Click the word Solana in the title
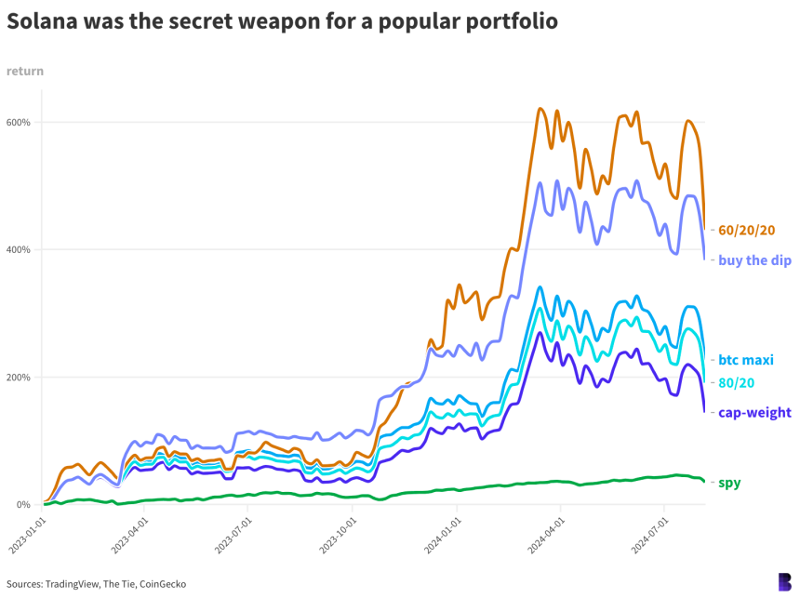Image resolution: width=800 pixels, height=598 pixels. (x=45, y=21)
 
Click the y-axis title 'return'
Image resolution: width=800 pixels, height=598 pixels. (x=24, y=71)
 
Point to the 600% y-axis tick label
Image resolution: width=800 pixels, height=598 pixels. (x=19, y=122)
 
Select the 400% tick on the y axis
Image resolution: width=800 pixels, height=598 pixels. (x=19, y=249)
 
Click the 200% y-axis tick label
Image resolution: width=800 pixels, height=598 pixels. (x=19, y=377)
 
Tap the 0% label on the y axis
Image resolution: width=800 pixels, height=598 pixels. (x=24, y=504)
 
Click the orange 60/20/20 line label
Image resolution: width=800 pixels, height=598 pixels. (x=747, y=230)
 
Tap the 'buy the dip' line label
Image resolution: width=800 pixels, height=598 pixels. (x=754, y=260)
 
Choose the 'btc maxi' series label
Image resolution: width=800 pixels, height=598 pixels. (x=746, y=359)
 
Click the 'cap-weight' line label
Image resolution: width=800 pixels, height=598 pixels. (x=754, y=412)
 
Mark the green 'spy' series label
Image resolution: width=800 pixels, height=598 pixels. (x=729, y=483)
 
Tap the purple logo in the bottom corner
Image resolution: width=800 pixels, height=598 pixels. (x=783, y=580)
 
